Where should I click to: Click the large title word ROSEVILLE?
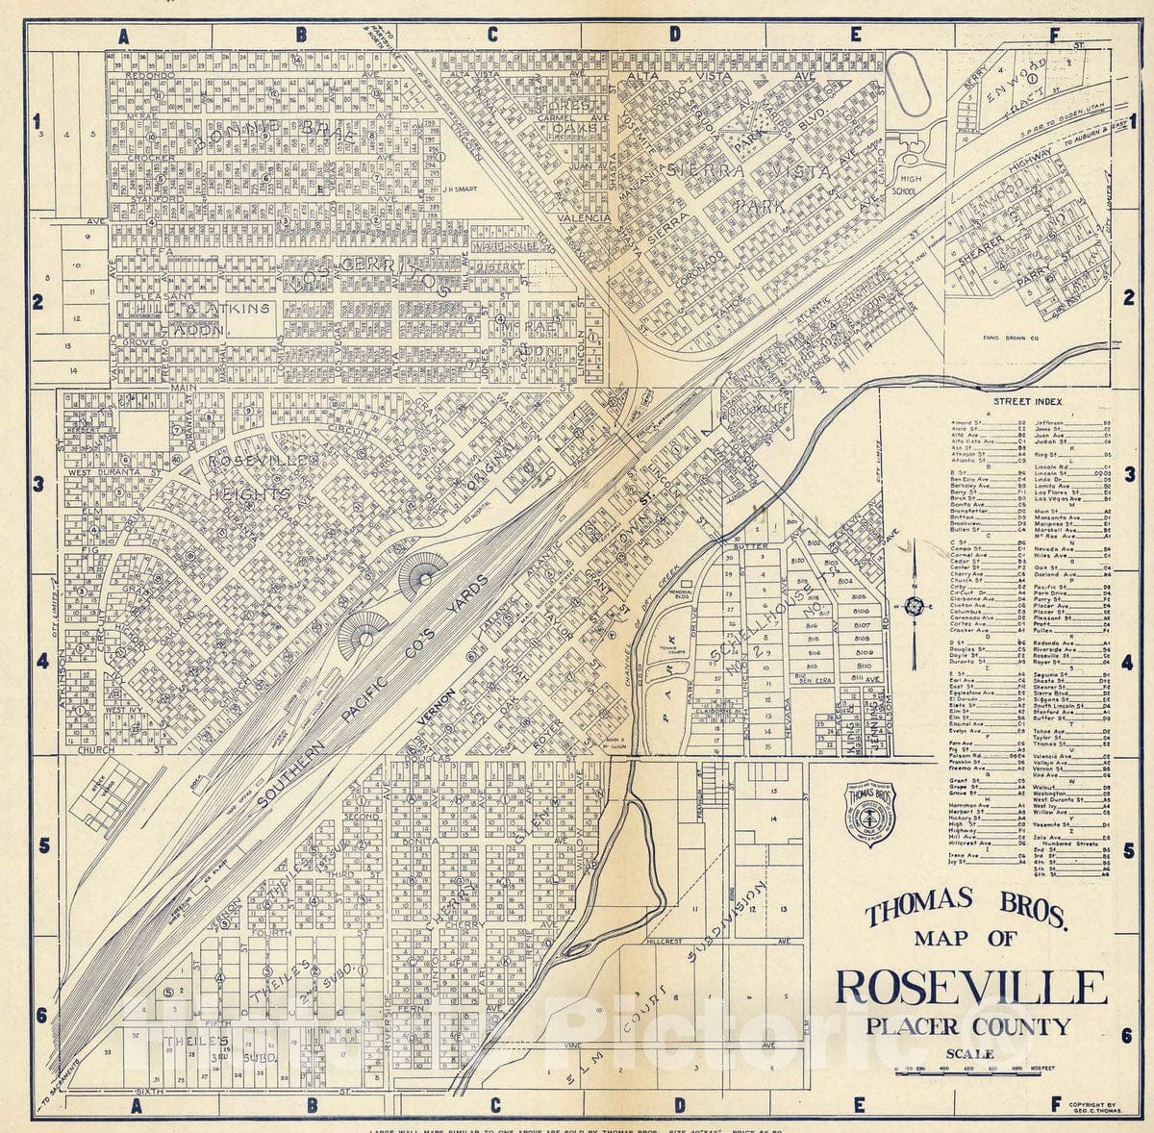(x=969, y=989)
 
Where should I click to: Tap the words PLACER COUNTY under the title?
(x=967, y=1026)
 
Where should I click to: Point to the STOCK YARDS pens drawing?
(x=115, y=788)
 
